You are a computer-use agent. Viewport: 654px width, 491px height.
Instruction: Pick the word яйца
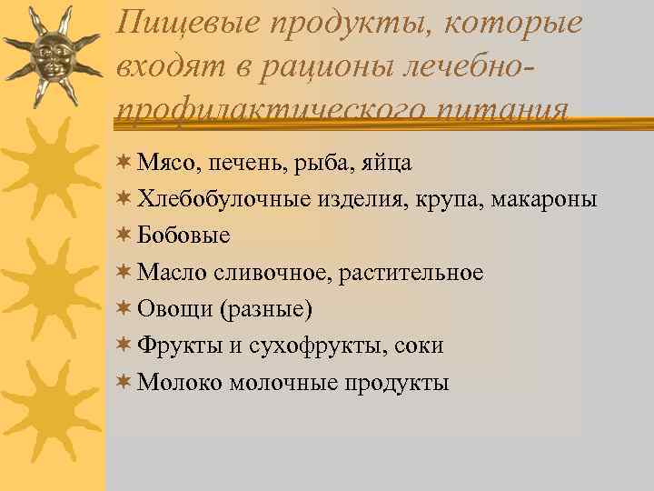[x=388, y=164]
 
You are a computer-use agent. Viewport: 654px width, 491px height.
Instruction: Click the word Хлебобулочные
[x=224, y=199]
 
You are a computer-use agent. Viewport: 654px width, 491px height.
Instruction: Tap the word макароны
[x=545, y=200]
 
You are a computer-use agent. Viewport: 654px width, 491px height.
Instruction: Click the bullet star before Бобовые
[x=124, y=235]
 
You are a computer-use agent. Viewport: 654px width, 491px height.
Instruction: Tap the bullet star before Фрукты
[x=124, y=345]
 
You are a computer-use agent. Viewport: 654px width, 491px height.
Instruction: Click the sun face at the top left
[x=52, y=55]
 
